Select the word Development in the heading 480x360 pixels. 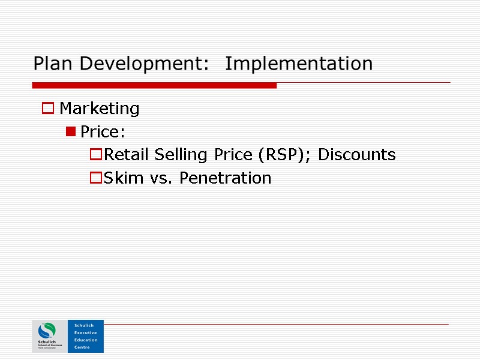tap(142, 64)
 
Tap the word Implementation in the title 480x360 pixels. tap(299, 64)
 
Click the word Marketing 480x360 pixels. tap(100, 109)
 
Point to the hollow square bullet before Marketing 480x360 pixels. tap(48, 109)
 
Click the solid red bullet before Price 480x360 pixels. tap(71, 132)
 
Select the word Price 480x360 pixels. tap(102, 132)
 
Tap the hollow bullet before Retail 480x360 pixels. tap(95, 155)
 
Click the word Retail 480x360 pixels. tap(127, 155)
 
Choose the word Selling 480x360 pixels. tap(179, 155)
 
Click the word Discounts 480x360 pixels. tap(356, 155)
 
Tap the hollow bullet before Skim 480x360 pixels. tap(95, 178)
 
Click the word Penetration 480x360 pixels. tap(226, 178)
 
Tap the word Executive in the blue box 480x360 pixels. tap(85, 332)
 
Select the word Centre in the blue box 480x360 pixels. tap(81, 347)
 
